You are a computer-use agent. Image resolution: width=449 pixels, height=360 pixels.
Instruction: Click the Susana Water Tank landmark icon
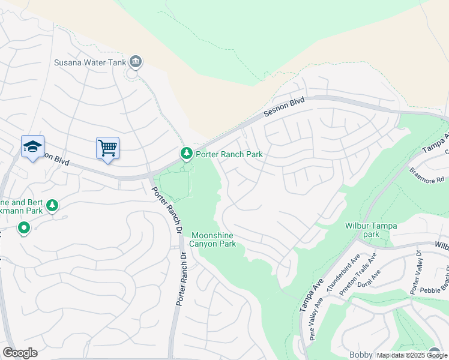(136, 61)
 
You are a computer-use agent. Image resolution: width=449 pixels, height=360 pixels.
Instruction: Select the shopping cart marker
(107, 148)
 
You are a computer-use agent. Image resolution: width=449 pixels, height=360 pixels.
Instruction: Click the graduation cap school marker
(32, 146)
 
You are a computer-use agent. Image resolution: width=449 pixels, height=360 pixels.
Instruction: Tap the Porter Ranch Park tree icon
(187, 154)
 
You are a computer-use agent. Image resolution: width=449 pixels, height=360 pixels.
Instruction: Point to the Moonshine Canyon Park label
(213, 239)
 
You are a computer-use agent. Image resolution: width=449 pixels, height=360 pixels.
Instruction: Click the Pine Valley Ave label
(316, 325)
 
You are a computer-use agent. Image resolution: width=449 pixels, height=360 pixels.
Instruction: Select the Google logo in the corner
(20, 353)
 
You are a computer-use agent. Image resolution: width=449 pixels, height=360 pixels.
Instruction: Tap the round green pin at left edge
(24, 229)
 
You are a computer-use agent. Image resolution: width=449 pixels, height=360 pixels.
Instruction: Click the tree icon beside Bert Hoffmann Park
(53, 206)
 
